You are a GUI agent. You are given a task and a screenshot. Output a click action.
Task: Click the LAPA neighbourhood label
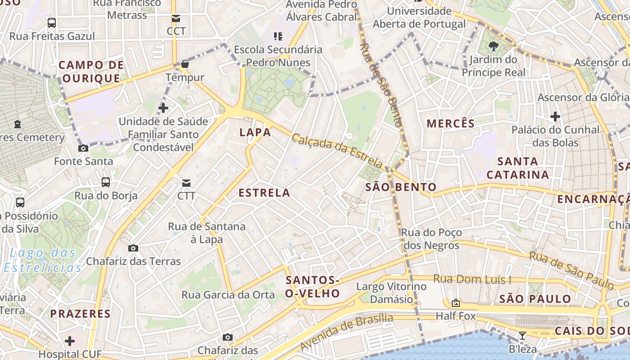coord(255,132)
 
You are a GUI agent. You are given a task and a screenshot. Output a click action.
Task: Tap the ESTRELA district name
coord(264,193)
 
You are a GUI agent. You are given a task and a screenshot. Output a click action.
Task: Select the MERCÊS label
coord(450,124)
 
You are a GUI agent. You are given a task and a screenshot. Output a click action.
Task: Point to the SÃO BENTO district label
coord(400,187)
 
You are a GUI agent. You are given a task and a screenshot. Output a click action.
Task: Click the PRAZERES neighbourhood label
coord(80,314)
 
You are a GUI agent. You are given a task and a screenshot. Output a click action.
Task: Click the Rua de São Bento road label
coord(381,84)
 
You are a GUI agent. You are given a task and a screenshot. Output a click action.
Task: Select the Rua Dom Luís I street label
coord(472,279)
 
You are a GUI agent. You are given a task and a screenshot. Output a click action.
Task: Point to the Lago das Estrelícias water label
coord(43,260)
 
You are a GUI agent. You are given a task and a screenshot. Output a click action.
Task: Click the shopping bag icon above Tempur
coord(184,64)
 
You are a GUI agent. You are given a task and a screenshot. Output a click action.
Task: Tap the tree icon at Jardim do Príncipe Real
coord(493,45)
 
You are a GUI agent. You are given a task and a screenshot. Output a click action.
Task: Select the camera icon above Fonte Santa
coord(83,148)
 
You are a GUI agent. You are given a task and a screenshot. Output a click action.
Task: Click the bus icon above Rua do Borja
coord(106,182)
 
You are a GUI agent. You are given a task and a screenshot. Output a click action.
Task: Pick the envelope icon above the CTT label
coord(186,183)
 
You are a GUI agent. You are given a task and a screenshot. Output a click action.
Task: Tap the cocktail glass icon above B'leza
coord(522,336)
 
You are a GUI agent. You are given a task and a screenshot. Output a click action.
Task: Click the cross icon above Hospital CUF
coord(70,341)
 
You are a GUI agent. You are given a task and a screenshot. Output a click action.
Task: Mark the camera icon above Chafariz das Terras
coord(133,248)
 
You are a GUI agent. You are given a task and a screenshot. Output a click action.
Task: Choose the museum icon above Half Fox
coord(455,303)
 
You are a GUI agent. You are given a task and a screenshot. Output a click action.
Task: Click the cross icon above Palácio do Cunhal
coord(555,117)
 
